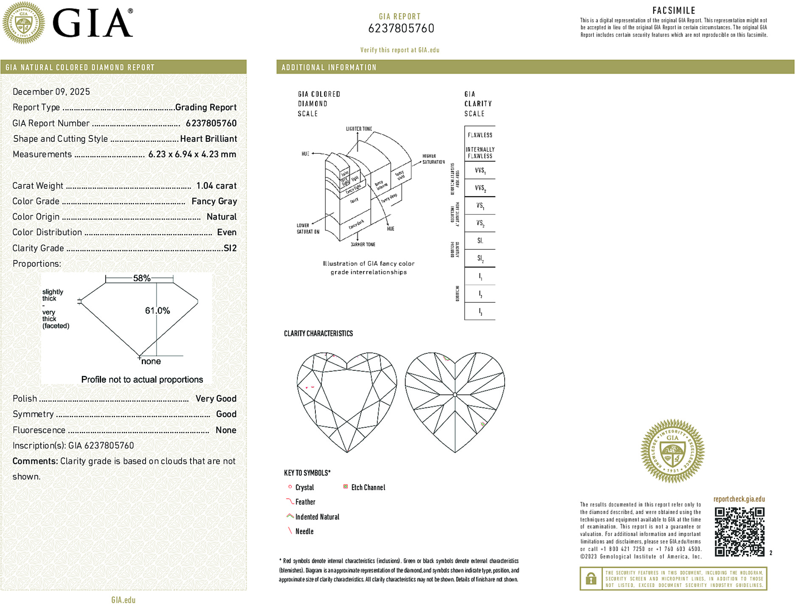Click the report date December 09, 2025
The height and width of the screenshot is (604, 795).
point(51,92)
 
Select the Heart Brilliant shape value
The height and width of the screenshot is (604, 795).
point(208,139)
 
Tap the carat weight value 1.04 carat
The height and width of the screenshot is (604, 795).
point(216,186)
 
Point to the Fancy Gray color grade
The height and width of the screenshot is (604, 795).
point(214,201)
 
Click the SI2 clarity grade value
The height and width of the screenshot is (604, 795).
point(230,248)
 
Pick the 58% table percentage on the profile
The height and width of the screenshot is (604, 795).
point(142,278)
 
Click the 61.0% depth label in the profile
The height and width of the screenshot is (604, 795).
point(157,310)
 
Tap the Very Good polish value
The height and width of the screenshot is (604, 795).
point(216,398)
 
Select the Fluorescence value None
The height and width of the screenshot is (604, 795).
point(226,430)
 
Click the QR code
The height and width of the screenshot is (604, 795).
point(739,531)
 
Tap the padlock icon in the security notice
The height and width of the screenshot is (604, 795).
point(591,579)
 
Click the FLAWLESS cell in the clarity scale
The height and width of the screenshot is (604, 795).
point(480,135)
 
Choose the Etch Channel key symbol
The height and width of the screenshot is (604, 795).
point(346,487)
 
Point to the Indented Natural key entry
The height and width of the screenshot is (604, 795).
point(317,517)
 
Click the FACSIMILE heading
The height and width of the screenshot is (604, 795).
point(674,11)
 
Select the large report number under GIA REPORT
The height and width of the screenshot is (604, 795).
point(401,28)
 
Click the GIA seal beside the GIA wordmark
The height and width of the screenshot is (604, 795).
point(24,23)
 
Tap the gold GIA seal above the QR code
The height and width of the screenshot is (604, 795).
point(672,451)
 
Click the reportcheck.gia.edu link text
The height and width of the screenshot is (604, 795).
point(739,499)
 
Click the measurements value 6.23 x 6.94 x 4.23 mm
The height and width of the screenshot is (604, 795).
point(192,154)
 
